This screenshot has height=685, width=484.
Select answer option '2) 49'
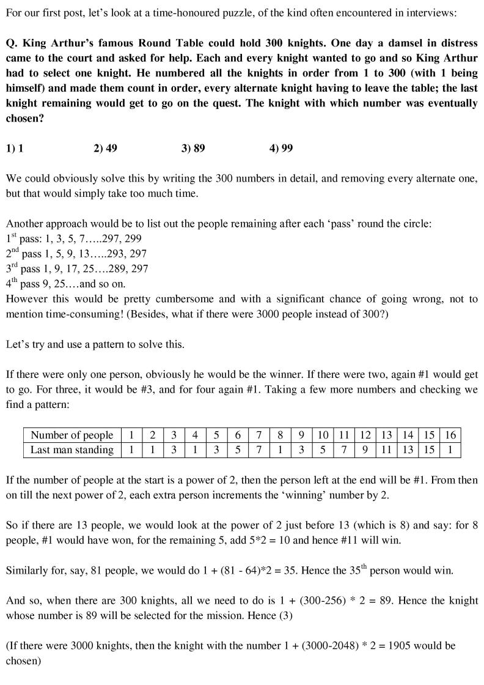(x=105, y=149)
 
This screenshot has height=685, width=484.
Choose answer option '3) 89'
(x=193, y=149)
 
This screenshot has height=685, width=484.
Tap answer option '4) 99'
(x=281, y=149)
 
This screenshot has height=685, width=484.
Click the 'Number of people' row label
(x=72, y=435)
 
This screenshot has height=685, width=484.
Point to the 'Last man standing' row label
(x=72, y=450)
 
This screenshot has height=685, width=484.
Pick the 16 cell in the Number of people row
(x=450, y=435)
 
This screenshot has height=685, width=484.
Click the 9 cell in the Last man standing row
(x=365, y=450)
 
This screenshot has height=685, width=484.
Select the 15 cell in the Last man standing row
(x=429, y=450)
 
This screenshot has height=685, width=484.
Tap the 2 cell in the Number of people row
(x=153, y=435)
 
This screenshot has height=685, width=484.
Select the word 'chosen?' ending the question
(x=24, y=117)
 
